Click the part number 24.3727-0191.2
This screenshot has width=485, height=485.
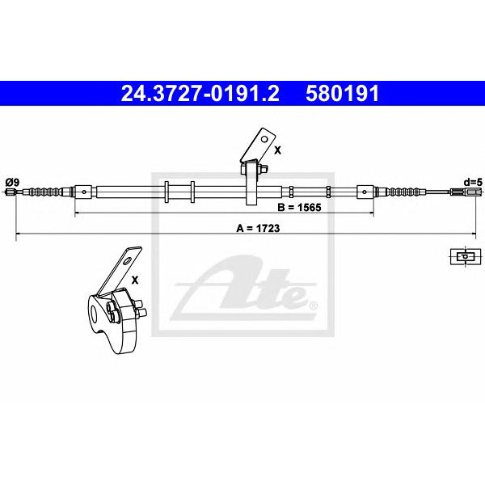click(200, 94)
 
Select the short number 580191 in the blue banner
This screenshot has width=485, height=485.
click(342, 94)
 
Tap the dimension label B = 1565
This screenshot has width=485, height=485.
click(299, 207)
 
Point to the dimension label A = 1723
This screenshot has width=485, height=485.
click(258, 228)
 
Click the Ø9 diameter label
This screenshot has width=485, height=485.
click(12, 182)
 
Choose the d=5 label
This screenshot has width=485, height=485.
click(473, 182)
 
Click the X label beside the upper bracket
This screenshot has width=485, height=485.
click(278, 150)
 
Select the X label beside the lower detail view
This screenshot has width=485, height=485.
click(135, 280)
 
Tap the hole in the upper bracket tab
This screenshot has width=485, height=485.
click(264, 139)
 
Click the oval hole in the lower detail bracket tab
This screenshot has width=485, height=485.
click(127, 262)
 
